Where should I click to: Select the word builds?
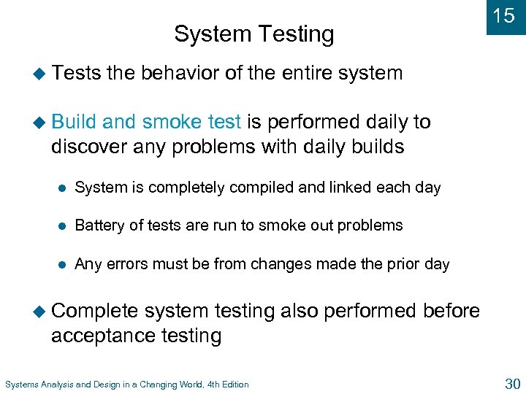(x=371, y=146)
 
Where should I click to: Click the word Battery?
(x=98, y=225)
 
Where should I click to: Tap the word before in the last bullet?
(x=451, y=312)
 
